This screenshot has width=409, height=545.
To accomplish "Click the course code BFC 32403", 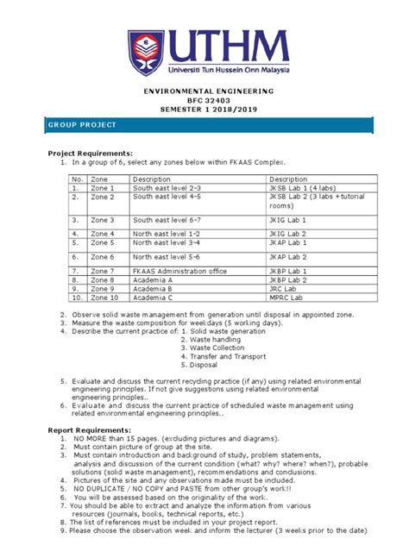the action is pos(204,101).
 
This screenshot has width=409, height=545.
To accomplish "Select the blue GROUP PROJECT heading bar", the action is pos(204,125).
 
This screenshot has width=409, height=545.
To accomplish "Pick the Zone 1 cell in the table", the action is pos(102,187).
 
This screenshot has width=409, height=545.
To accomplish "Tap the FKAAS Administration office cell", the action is pos(178,271).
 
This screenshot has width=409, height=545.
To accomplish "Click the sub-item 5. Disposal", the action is pos(199,364).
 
